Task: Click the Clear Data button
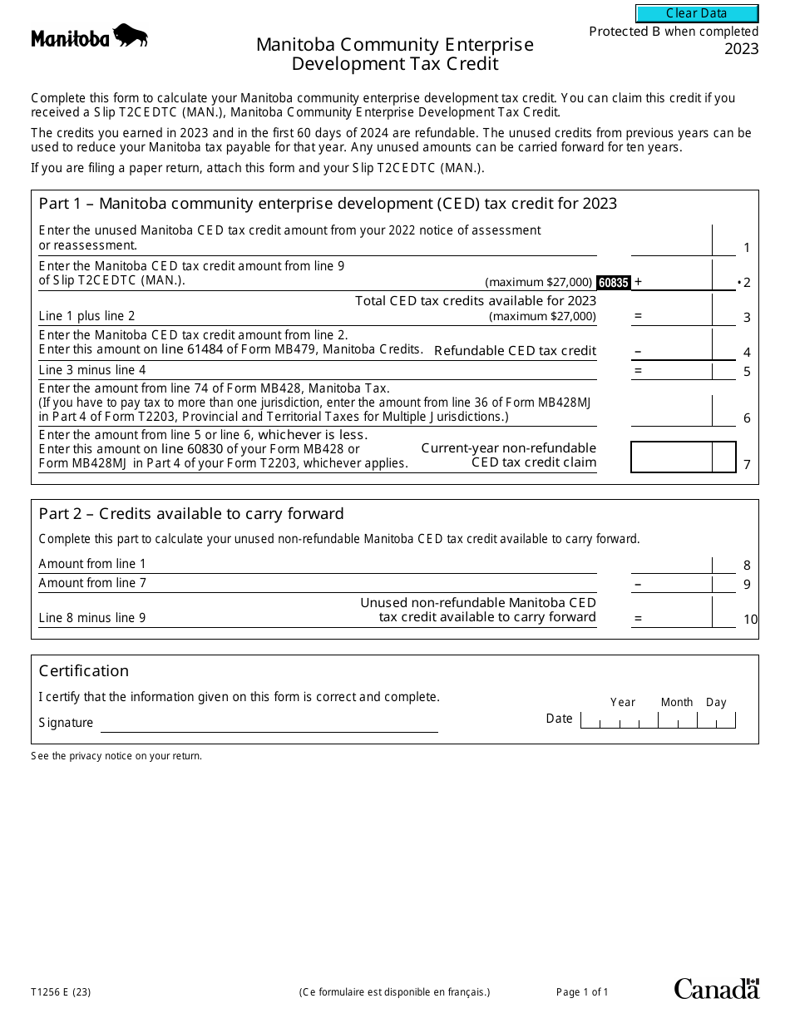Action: (697, 13)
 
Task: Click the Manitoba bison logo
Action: (90, 37)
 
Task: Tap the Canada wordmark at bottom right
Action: (716, 989)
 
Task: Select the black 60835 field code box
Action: (613, 283)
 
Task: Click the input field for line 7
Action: (671, 457)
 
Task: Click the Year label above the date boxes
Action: (622, 702)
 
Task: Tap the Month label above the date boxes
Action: (676, 702)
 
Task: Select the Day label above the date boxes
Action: (716, 702)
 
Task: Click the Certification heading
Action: (84, 671)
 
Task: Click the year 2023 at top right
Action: (741, 49)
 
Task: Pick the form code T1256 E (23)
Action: (61, 991)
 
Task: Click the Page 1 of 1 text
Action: (582, 991)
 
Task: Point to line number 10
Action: (750, 620)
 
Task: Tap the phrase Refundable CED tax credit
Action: (515, 351)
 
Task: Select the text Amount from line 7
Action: (92, 583)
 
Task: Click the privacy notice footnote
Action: (116, 756)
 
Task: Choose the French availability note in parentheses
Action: (394, 991)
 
